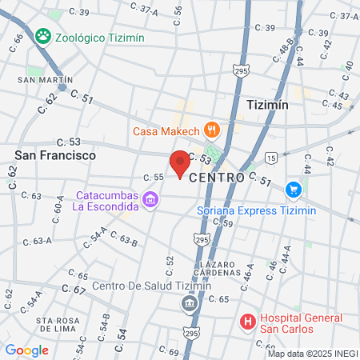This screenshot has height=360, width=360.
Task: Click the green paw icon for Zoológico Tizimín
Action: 42,36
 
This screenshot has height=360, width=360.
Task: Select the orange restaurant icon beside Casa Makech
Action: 211,128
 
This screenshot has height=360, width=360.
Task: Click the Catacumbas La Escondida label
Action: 106,201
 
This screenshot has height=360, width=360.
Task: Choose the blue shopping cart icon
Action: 293,190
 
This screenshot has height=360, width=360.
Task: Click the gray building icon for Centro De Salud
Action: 190,303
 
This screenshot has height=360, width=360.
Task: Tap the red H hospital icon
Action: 248,322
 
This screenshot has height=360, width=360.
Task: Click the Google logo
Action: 27,350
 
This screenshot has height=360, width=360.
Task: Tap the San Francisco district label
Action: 55,154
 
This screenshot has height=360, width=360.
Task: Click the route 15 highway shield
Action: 273,158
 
